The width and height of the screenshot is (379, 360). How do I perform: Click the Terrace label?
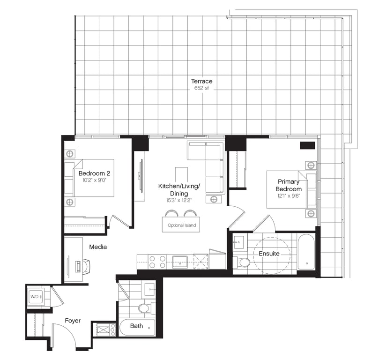[x=201, y=81]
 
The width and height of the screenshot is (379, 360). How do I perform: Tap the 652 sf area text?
[x=201, y=88]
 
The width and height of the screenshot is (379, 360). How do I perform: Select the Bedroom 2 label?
[x=94, y=173]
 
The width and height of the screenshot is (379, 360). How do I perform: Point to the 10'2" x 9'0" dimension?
[x=94, y=180]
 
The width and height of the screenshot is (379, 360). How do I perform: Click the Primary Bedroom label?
[x=289, y=185]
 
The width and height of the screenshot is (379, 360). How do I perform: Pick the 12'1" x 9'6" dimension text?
[x=289, y=196]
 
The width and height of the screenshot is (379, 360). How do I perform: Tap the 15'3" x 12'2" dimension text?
[x=179, y=201]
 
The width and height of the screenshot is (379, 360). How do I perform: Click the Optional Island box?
[x=181, y=225]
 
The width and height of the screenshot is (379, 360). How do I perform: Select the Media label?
[x=98, y=247]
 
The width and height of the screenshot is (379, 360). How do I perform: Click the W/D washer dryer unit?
[x=36, y=296]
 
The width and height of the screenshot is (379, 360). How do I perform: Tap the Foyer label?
[x=73, y=321]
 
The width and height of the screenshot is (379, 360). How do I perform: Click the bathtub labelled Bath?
[x=137, y=327]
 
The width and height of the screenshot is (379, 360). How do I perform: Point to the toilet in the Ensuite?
[x=241, y=262]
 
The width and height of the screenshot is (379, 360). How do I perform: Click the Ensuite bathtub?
[x=306, y=252]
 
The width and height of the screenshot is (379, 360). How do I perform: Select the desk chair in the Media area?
[x=85, y=265]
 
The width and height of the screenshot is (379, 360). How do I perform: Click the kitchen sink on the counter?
[x=180, y=262]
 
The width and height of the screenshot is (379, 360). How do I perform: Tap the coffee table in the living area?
[x=181, y=174]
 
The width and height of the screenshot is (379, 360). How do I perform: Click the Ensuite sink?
[x=238, y=241]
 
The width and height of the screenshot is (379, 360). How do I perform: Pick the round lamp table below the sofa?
[x=214, y=200]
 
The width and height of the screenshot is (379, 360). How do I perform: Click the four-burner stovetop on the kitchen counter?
[x=157, y=262]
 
